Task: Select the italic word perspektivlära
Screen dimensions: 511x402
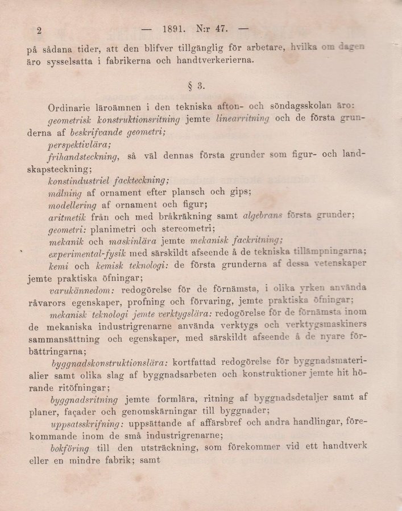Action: [x=80, y=145]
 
